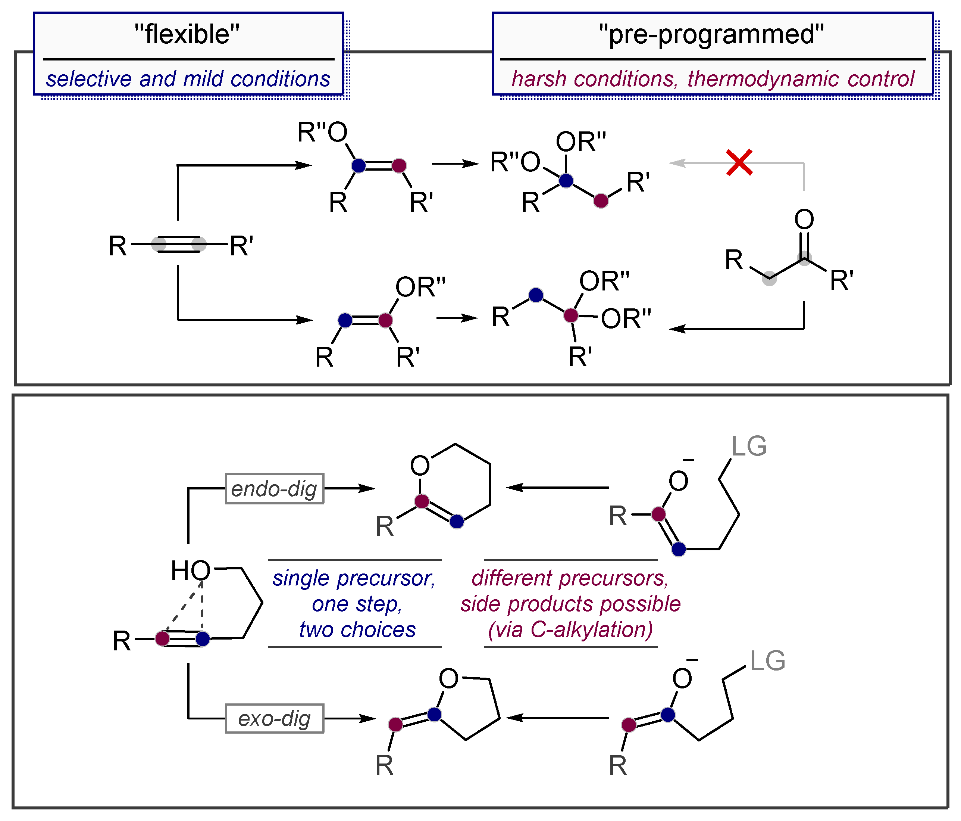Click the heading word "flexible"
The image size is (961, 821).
[187, 34]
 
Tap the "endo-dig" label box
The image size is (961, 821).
[274, 489]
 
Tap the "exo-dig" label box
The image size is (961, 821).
[274, 718]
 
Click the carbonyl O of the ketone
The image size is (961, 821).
[804, 219]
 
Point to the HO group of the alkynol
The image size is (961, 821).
[191, 570]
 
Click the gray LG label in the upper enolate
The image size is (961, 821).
[749, 447]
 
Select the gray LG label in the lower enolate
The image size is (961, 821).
[768, 661]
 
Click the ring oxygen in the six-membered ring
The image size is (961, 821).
[420, 466]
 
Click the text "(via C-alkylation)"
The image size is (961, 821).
[570, 630]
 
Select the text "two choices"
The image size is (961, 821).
[357, 630]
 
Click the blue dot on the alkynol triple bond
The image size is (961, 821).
[203, 639]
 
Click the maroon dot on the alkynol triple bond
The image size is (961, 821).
[162, 638]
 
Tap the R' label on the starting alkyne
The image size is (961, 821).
[241, 246]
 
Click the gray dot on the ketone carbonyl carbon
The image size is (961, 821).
[804, 258]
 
